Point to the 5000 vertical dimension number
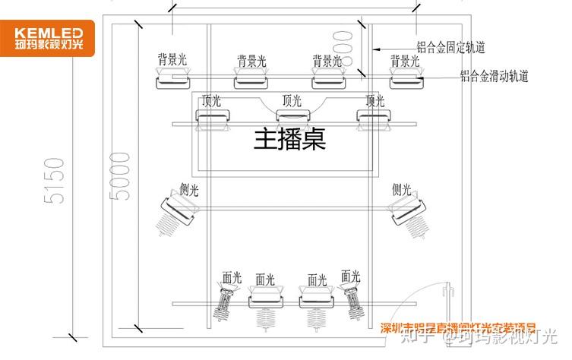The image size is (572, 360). (x=120, y=179)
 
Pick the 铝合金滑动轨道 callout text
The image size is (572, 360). (x=494, y=76)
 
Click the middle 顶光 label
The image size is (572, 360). (x=292, y=99)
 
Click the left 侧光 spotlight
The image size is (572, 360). (x=176, y=213)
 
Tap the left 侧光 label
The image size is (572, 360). (x=189, y=189)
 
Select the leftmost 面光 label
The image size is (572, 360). (x=231, y=278)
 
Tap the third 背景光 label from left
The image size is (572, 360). (x=327, y=60)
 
